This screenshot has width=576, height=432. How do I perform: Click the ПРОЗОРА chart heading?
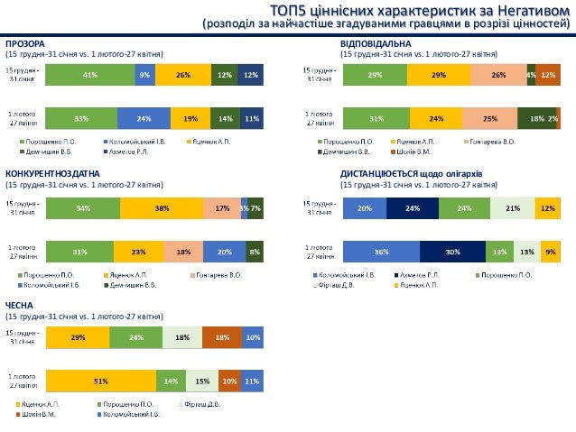pyautogui.click(x=25, y=43)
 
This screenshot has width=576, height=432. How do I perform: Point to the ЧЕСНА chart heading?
pyautogui.click(x=19, y=306)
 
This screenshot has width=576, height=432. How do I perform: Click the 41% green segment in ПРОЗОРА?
pyautogui.click(x=90, y=75)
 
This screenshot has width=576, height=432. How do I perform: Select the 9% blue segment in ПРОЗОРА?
pyautogui.click(x=144, y=75)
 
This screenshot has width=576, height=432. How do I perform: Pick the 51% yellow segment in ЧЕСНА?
pyautogui.click(x=100, y=381)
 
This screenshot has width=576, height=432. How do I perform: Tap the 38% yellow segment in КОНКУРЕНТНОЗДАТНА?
pyautogui.click(x=162, y=208)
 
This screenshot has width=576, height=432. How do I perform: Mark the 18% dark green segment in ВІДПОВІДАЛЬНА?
pyautogui.click(x=536, y=118)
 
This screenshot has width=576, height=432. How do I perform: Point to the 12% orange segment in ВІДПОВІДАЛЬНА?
pyautogui.click(x=547, y=75)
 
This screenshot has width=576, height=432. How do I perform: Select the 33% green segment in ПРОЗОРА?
pyautogui.click(x=81, y=118)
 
